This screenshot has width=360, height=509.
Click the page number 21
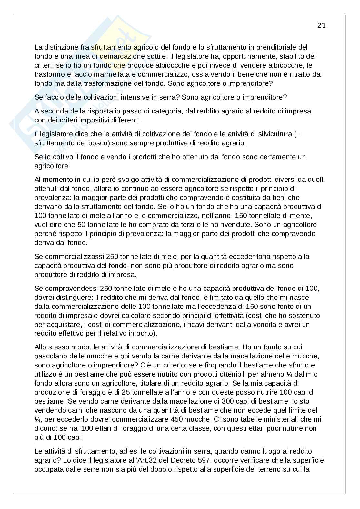321,25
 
